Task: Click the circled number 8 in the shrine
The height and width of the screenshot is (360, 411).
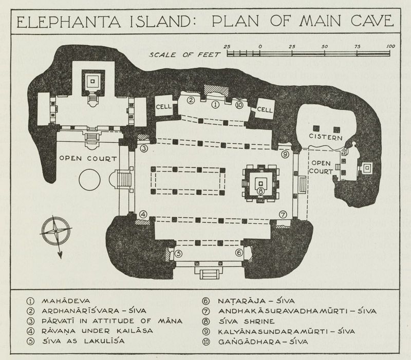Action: point(261,191)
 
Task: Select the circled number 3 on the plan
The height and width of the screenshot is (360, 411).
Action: point(144,149)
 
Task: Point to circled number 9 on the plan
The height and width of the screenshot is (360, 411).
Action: point(284,154)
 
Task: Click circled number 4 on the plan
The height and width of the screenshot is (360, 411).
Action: point(144,215)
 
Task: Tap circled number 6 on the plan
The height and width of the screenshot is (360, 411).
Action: point(239,253)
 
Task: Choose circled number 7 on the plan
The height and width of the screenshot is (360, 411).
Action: point(282,214)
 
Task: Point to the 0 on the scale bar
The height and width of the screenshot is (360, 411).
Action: point(260,47)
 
